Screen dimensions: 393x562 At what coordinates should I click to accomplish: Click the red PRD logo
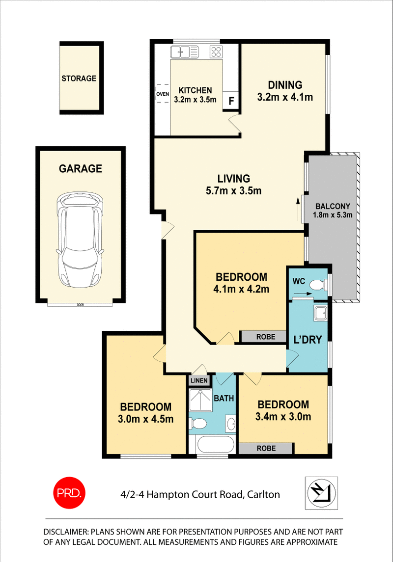[69, 493]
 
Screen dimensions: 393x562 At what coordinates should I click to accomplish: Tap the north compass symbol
[321, 493]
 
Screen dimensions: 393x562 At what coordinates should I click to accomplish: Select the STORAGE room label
[79, 78]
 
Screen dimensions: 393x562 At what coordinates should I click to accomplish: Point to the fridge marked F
[231, 101]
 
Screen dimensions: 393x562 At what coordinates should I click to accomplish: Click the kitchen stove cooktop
[216, 52]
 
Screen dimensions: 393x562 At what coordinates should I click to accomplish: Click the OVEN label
[163, 94]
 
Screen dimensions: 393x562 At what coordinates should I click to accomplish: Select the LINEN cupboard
[199, 380]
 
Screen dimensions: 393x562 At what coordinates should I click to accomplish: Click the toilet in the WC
[318, 285]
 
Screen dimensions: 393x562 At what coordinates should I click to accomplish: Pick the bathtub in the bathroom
[212, 445]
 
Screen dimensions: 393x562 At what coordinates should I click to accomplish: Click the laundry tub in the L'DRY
[320, 313]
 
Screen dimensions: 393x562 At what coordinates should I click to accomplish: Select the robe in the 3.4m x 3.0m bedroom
[266, 449]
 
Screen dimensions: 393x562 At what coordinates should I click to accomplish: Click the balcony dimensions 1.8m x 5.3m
[333, 215]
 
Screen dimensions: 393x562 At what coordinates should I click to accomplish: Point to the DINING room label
[285, 85]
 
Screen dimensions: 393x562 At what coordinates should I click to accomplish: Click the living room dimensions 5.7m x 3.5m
[234, 190]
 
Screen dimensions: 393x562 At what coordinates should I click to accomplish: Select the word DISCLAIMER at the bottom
[66, 532]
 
